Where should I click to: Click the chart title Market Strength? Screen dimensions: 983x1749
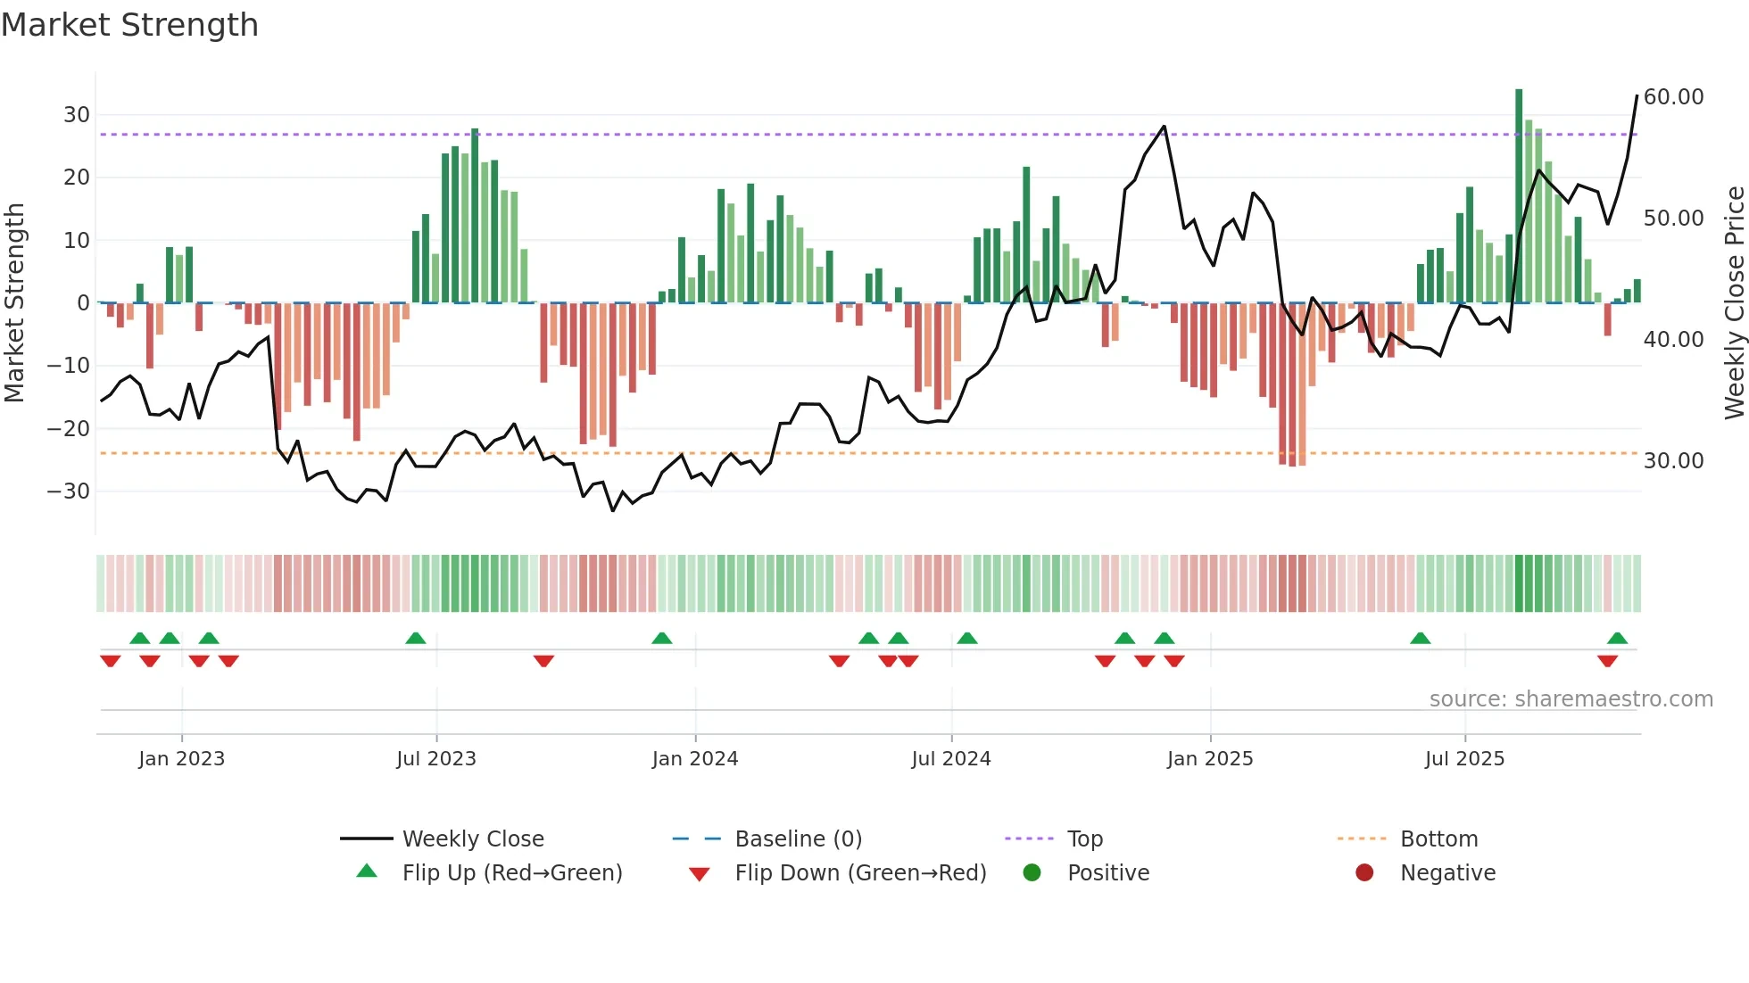[x=130, y=25]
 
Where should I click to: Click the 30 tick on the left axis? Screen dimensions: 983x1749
[x=77, y=115]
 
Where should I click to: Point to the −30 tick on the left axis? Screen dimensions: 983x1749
[x=69, y=491]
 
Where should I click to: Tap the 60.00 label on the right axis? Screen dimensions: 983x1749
[x=1673, y=97]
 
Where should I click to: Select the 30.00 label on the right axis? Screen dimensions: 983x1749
[x=1673, y=461]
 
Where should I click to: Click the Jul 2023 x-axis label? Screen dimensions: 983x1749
[x=436, y=759]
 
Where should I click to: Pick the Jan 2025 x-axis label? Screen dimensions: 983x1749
[x=1209, y=759]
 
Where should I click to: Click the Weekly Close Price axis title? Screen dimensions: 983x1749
[x=1734, y=302]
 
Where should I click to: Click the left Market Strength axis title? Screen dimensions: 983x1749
[x=15, y=302]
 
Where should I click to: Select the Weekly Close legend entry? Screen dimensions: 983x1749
[x=472, y=839]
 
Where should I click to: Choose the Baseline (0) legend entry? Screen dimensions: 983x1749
[x=798, y=839]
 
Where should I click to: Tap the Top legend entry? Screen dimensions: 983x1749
[x=1084, y=839]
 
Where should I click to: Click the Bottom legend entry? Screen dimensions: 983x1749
[x=1438, y=839]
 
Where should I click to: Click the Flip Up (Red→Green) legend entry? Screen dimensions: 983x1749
[x=511, y=873]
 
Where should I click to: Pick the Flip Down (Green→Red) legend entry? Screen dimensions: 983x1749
[x=860, y=873]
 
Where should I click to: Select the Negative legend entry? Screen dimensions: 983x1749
[x=1446, y=873]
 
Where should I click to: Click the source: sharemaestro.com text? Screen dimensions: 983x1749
[x=1571, y=699]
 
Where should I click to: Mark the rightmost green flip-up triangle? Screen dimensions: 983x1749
[x=1617, y=639]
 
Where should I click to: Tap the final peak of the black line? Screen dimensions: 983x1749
[x=1637, y=96]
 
